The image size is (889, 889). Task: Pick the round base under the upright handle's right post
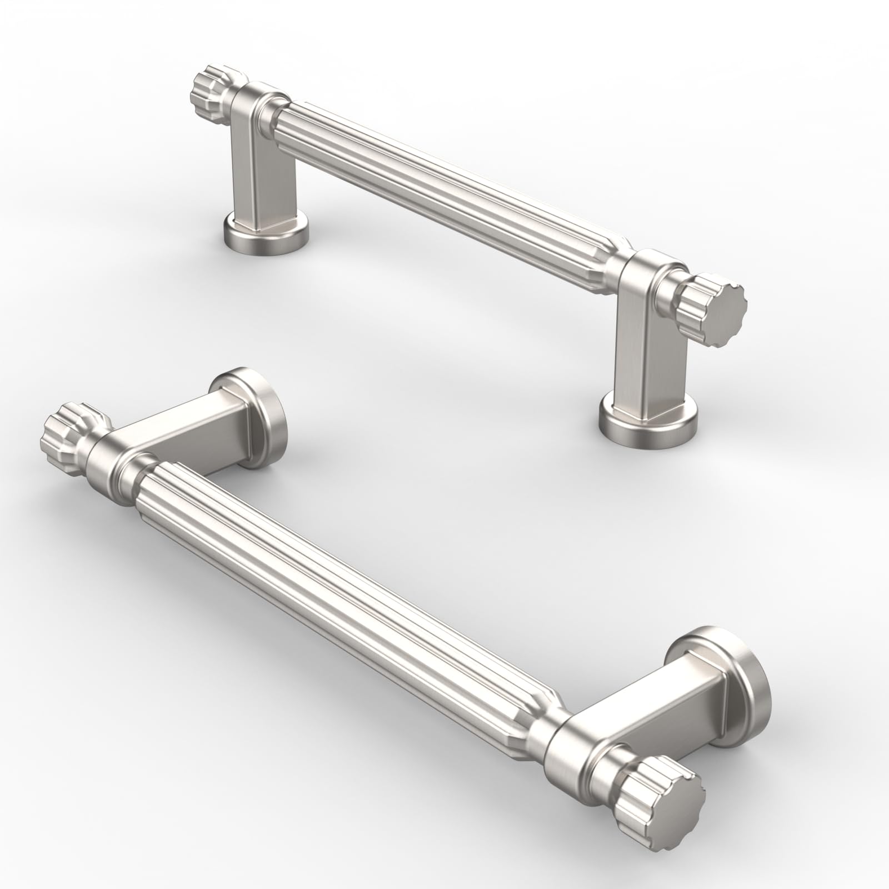[648, 419]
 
